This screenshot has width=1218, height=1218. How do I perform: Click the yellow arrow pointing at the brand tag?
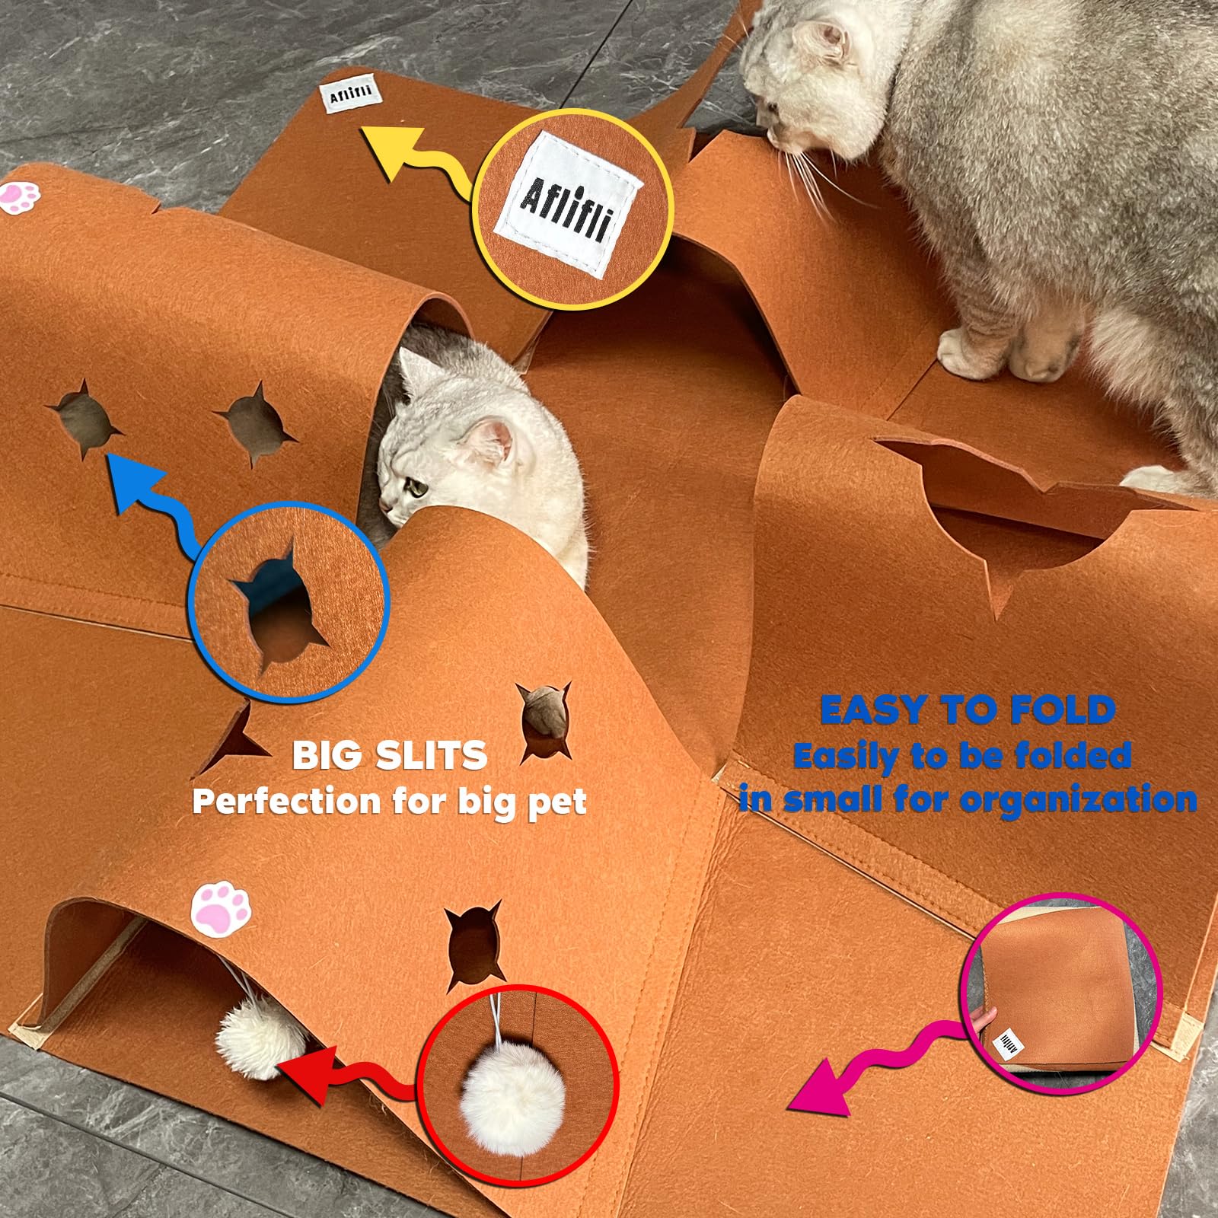tap(415, 156)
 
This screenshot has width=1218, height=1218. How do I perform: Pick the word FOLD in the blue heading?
tap(1064, 710)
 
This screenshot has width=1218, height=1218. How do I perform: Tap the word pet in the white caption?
tap(557, 802)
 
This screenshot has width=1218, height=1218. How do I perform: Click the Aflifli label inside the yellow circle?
tap(568, 202)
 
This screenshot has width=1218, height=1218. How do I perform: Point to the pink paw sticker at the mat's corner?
tap(20, 196)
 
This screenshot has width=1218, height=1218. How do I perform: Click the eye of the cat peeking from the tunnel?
tap(416, 488)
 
